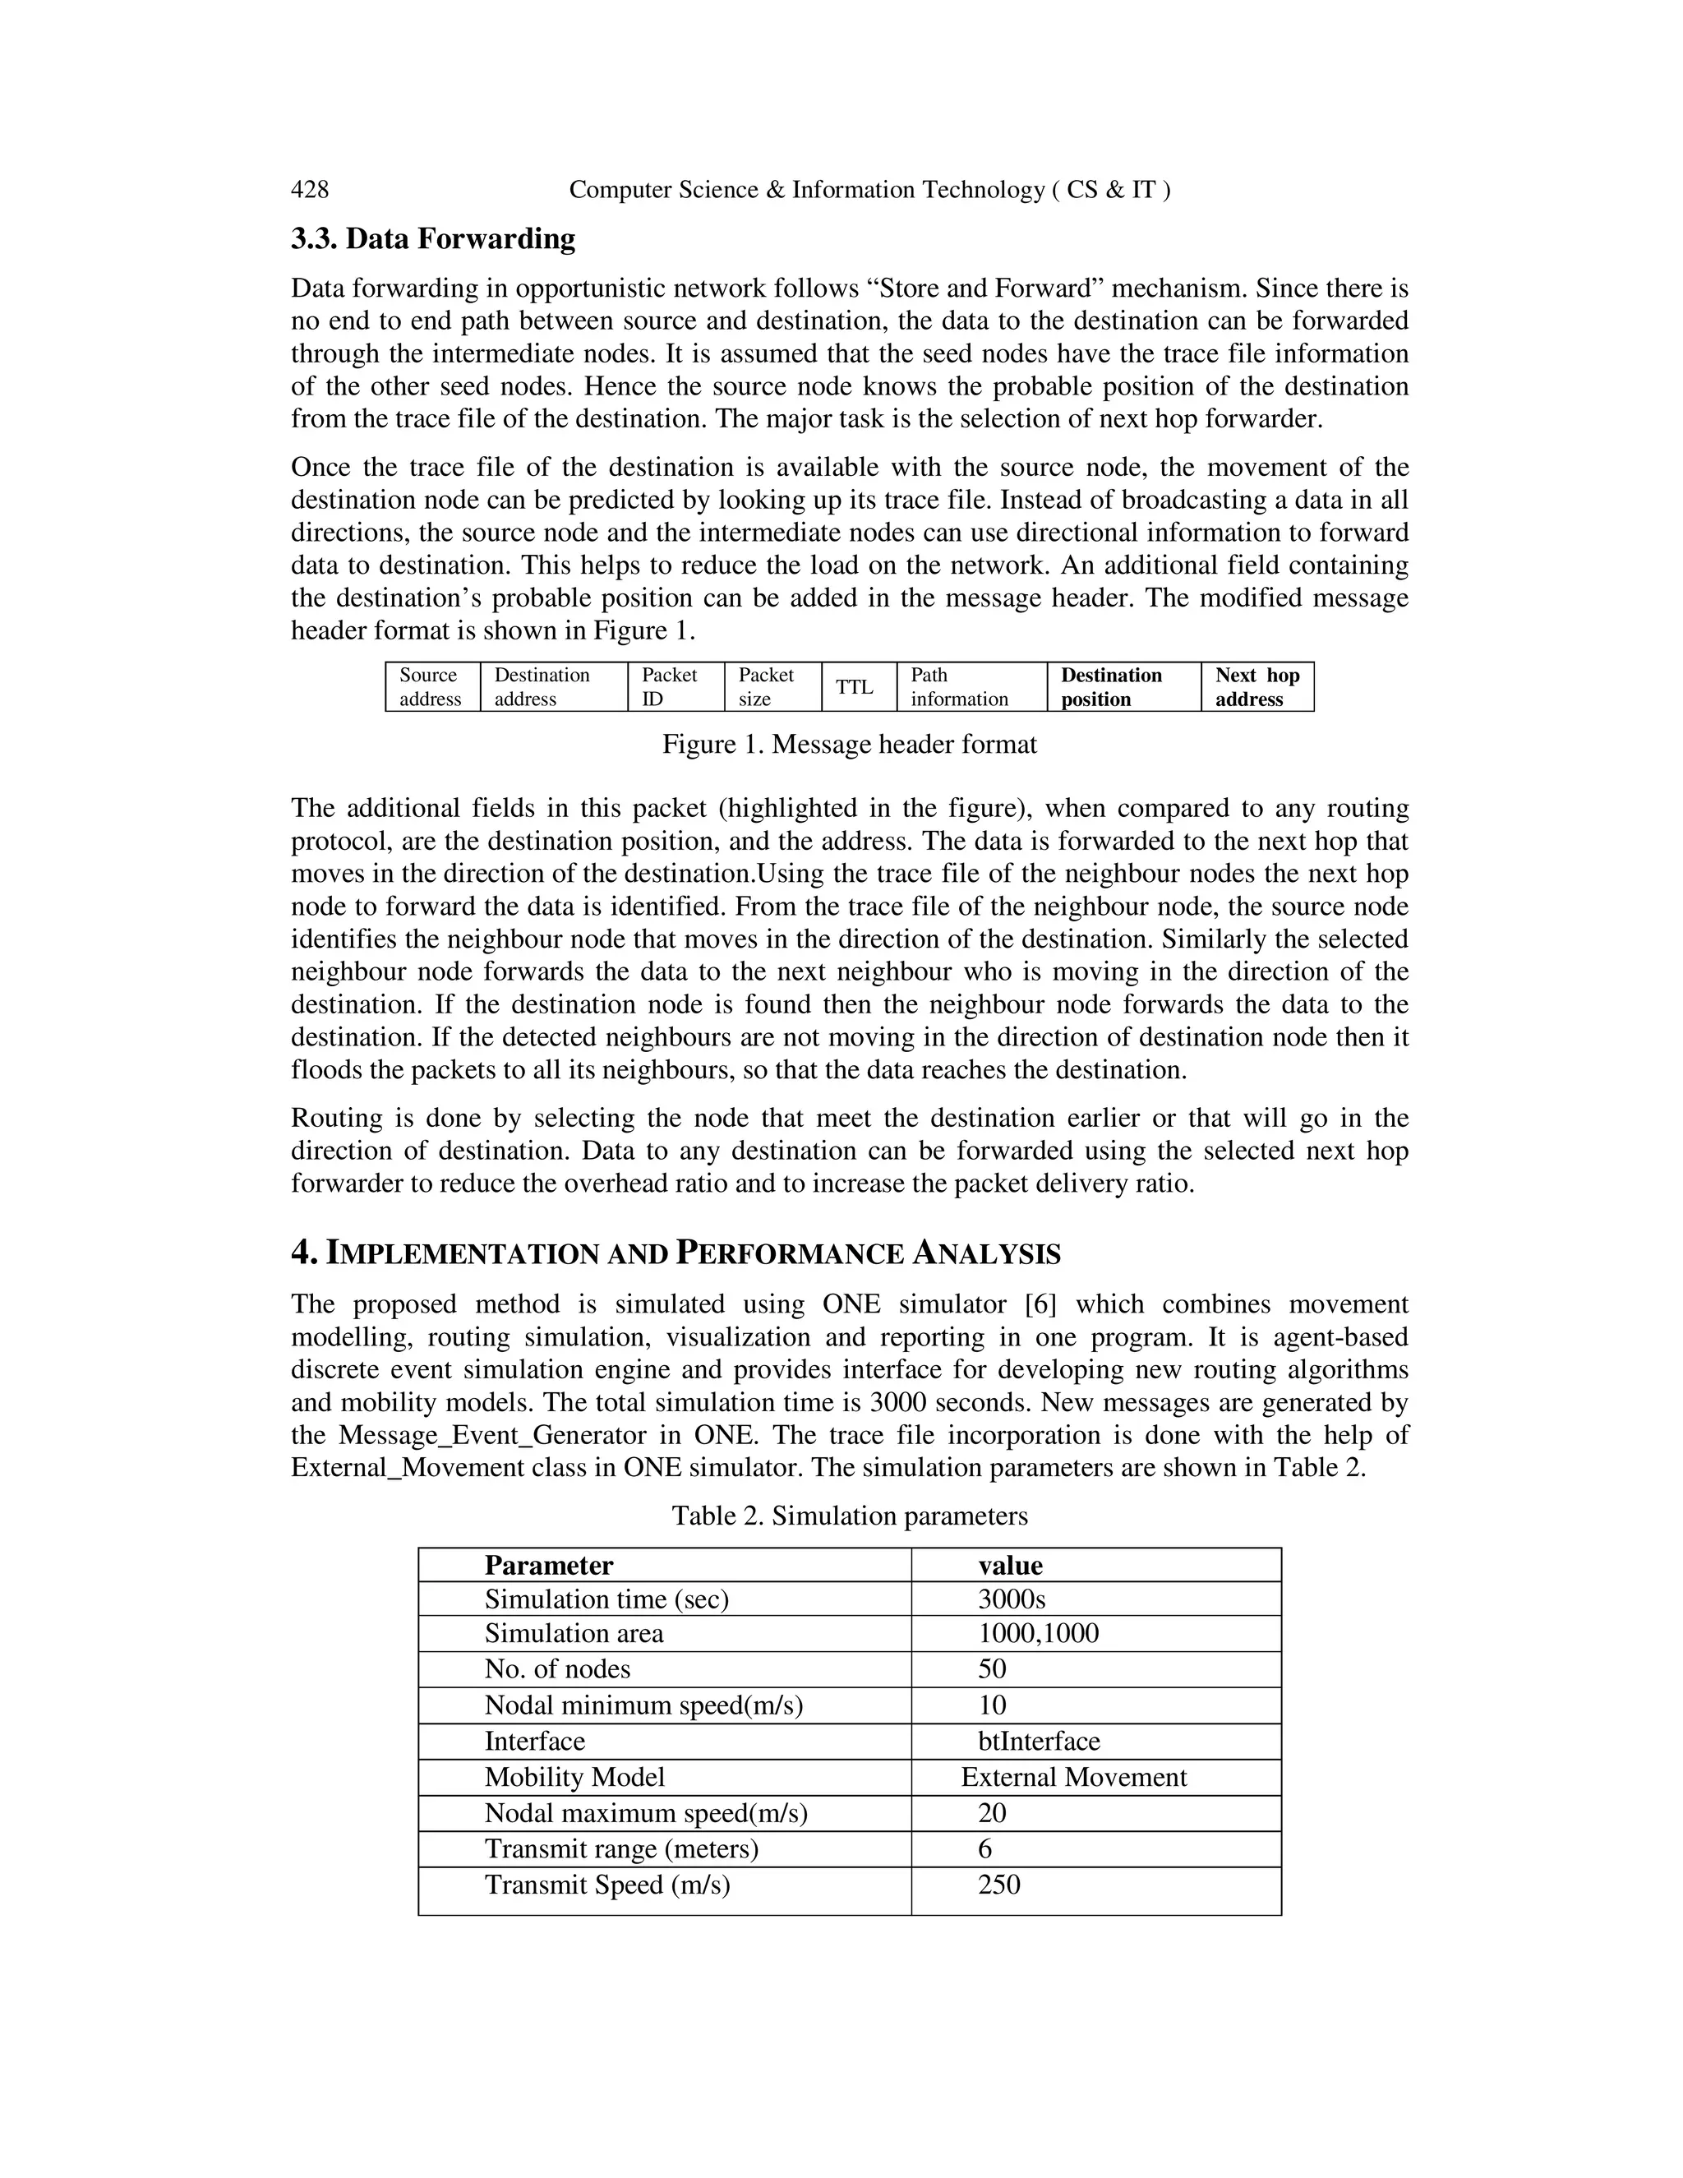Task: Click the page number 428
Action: click(309, 190)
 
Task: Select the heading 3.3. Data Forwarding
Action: click(433, 239)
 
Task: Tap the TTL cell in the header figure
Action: click(855, 687)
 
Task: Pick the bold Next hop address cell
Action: click(1256, 687)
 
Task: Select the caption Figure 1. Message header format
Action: click(850, 745)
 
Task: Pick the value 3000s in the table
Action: click(1011, 1599)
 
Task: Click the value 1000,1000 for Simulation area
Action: click(1038, 1634)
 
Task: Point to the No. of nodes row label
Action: click(557, 1669)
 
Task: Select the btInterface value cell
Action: click(1039, 1742)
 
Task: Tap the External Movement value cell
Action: click(1074, 1777)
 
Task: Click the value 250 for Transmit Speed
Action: click(999, 1885)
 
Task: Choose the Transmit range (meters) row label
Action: click(621, 1849)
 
